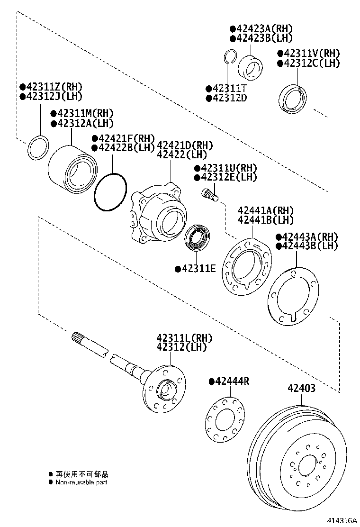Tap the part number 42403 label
301,388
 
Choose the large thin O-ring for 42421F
110,191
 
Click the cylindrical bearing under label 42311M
72,168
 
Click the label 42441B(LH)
266,220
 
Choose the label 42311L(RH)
185,338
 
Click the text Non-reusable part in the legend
81,482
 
